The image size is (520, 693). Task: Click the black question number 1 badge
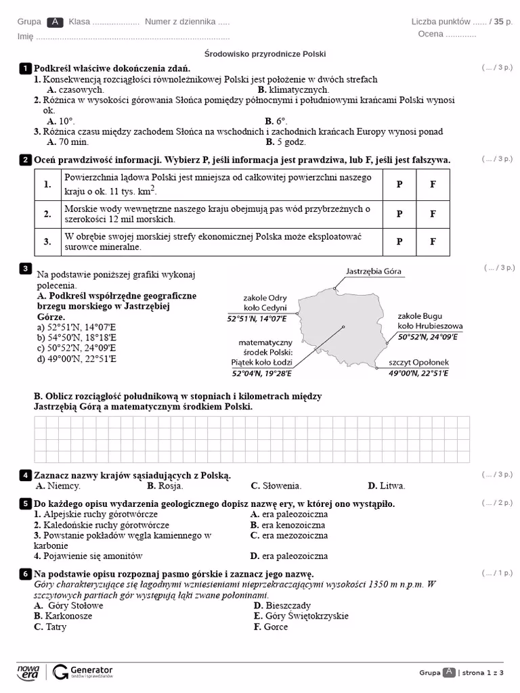[25, 68]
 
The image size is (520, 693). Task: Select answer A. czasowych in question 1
[75, 89]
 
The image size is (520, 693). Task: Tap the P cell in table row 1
[399, 185]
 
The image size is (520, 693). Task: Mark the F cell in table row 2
[433, 214]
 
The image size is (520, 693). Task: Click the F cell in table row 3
[433, 242]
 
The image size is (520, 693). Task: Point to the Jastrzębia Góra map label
[373, 271]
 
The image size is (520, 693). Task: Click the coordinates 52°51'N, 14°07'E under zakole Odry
[257, 318]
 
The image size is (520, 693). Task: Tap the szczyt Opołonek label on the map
[418, 363]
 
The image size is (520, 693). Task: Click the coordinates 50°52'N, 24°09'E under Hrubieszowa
[427, 336]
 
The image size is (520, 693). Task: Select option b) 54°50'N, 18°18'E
[77, 337]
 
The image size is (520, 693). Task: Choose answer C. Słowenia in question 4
[276, 486]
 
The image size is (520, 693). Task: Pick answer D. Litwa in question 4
[386, 486]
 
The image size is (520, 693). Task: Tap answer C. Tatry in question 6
[50, 627]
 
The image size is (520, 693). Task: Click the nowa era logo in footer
[28, 671]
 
